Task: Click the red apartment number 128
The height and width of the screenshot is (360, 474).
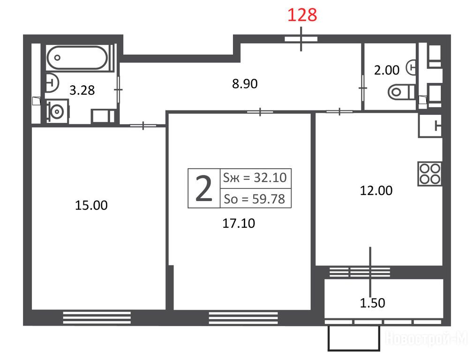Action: pyautogui.click(x=302, y=15)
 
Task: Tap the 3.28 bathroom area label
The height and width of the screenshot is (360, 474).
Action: pyautogui.click(x=82, y=90)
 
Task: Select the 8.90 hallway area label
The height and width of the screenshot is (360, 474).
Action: pyautogui.click(x=245, y=84)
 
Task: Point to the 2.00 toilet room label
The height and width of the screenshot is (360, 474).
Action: pyautogui.click(x=387, y=70)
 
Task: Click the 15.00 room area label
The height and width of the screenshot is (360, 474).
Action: pyautogui.click(x=91, y=205)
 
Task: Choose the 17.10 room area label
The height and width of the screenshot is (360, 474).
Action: pyautogui.click(x=239, y=223)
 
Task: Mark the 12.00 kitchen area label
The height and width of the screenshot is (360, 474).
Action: pyautogui.click(x=376, y=190)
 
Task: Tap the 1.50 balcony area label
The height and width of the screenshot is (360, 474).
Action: pyautogui.click(x=372, y=302)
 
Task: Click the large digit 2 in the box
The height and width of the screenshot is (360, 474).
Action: pyautogui.click(x=204, y=189)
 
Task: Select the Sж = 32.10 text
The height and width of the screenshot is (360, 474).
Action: pyautogui.click(x=255, y=178)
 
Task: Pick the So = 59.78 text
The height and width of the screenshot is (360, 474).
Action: pyautogui.click(x=254, y=199)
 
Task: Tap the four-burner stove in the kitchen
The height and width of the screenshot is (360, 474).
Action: pyautogui.click(x=429, y=174)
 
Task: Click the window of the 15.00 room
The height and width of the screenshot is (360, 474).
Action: pyautogui.click(x=97, y=318)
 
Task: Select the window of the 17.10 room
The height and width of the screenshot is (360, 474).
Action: pyautogui.click(x=243, y=318)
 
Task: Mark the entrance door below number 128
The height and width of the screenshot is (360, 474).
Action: pyautogui.click(x=301, y=39)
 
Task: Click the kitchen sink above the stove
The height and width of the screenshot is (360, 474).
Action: pyautogui.click(x=430, y=126)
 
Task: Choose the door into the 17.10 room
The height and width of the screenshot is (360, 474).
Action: pyautogui.click(x=260, y=112)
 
